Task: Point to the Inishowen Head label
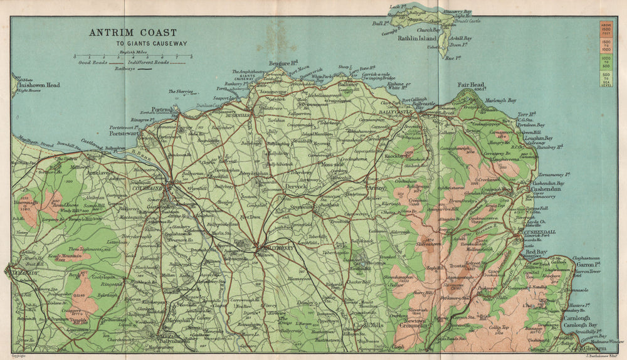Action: point(39,85)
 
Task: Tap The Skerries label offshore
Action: point(179,92)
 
